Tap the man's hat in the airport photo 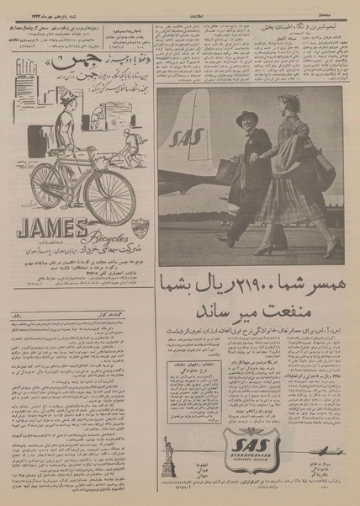246,118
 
